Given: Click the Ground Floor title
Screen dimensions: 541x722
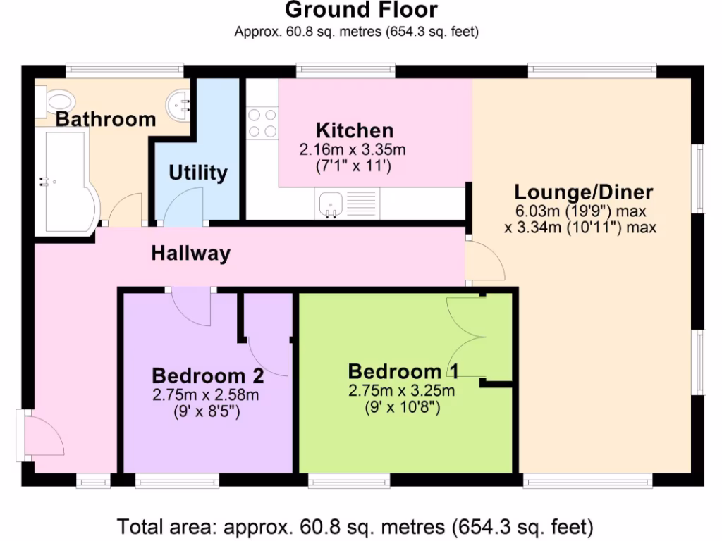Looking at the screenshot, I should tap(361, 10).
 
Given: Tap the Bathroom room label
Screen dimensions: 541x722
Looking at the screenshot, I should tap(106, 119).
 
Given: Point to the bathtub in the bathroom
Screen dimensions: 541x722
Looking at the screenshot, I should tap(65, 182).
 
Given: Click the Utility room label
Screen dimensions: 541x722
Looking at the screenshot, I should tap(198, 173).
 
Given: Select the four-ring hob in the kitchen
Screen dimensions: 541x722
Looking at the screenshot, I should tap(262, 123).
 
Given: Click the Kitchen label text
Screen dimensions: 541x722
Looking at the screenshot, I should tap(354, 130).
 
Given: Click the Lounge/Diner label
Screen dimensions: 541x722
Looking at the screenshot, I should tap(583, 192).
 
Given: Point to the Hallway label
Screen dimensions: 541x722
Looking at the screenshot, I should tap(190, 254).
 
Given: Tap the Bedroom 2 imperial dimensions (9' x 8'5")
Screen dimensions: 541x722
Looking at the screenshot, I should tap(206, 411).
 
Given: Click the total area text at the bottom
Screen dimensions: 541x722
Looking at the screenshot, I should tap(355, 526).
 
